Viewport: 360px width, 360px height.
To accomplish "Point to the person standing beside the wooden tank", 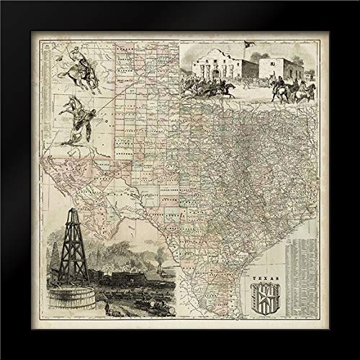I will pos(104,305).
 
